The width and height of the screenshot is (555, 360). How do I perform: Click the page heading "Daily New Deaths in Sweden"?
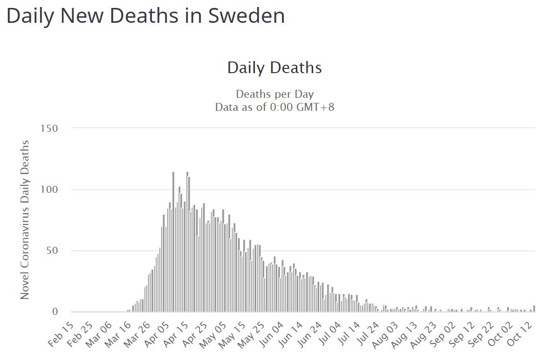[145, 16]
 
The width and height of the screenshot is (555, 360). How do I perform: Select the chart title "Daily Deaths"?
[274, 68]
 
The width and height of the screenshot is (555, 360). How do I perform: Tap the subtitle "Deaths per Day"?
[274, 94]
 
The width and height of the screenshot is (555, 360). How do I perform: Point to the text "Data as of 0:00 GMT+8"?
[274, 107]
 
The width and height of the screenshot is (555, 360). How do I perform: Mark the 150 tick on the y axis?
[49, 128]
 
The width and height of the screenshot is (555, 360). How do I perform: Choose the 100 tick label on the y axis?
[49, 190]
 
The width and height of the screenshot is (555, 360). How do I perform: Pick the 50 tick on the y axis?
[51, 251]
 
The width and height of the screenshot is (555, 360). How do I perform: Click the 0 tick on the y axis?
[55, 312]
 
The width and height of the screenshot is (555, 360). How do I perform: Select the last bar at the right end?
[534, 309]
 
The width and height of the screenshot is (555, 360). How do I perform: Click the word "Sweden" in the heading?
[247, 16]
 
